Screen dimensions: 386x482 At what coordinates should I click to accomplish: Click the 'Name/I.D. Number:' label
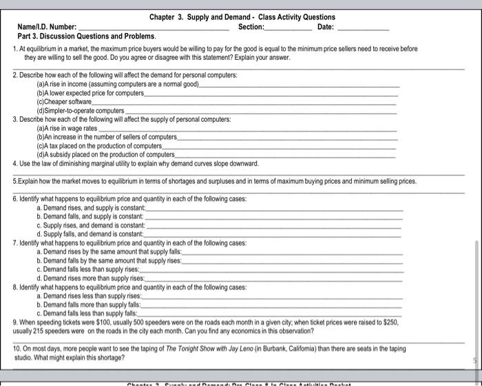pos(48,27)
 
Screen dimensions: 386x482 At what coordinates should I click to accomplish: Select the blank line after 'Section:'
pos(288,29)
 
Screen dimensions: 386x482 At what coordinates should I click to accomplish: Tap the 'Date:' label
pos(326,27)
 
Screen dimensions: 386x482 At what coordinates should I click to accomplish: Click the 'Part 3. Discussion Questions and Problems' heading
pos(87,36)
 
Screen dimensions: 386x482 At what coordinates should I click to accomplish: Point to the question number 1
pos(15,50)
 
